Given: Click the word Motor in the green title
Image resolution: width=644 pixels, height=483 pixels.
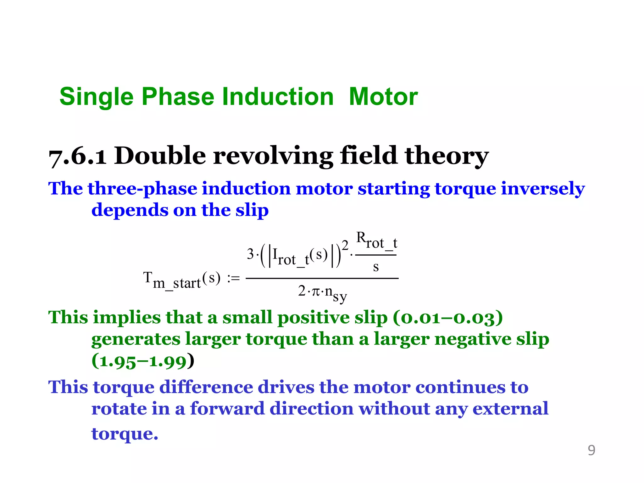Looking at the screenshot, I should pos(383,97).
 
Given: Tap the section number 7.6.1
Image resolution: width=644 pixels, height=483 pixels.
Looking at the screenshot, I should pos(77,157).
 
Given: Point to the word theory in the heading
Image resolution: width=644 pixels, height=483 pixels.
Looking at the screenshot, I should pos(446,156).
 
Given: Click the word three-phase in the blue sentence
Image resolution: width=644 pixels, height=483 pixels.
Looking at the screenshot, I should pos(142,189).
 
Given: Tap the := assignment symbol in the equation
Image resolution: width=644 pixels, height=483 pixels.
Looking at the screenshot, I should pos(233,278).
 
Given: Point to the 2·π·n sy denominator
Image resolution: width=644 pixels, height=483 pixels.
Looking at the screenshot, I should pos(322,292).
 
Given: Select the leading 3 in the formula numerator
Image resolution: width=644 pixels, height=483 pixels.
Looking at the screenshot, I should pos(250,254).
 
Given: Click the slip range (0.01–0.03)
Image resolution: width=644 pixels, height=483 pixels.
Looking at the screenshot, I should pos(447,318).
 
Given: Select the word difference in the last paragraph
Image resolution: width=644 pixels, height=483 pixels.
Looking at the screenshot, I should pos(205,387).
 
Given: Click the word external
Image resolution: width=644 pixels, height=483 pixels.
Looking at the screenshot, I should pos(510,409).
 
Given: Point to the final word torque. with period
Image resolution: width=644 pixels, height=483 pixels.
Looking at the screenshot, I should pos(125,434).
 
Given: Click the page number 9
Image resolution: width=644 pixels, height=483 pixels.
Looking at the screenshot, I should pos(591,450).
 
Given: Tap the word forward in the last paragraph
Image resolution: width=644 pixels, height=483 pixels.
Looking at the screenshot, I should pos(227,409).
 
